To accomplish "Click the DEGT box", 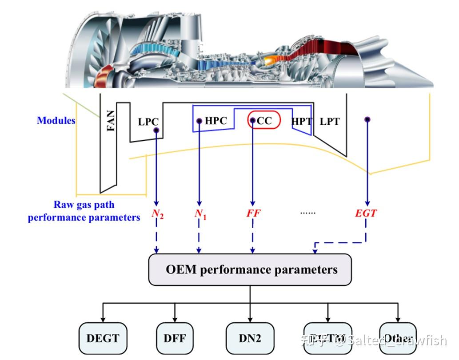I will click(103, 338).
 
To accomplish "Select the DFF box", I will click(174, 338).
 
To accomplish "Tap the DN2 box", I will click(250, 338).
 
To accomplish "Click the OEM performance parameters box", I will click(250, 269).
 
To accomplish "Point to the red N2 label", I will click(157, 214).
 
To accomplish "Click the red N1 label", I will click(200, 214).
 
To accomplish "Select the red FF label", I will click(253, 213).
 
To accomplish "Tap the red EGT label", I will click(366, 213).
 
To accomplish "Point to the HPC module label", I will click(216, 120).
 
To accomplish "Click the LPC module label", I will click(148, 122).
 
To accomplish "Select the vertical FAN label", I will click(111, 120).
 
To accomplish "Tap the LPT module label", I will click(330, 121).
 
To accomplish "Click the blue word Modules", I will click(56, 120).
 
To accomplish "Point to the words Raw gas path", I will click(84, 205).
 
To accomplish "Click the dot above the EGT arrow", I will click(367, 119).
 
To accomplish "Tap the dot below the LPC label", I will click(156, 131).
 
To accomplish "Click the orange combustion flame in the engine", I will click(271, 59).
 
